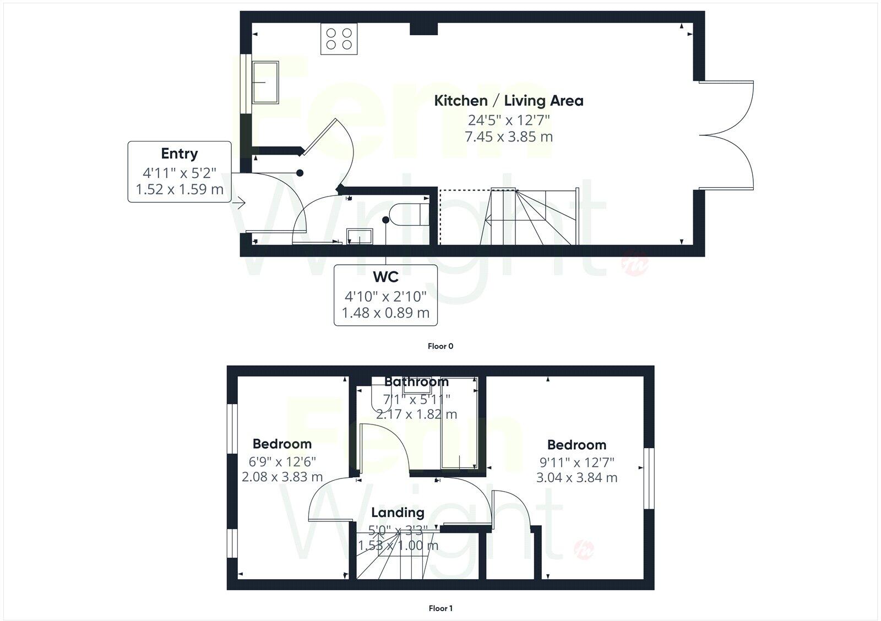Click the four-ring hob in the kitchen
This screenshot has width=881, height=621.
[339, 39]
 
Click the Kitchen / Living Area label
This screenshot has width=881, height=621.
[508, 101]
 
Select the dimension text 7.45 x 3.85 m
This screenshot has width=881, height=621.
[508, 137]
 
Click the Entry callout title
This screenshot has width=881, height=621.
[180, 154]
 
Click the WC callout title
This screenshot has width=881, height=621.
[385, 277]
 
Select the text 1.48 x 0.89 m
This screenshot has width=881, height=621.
[385, 313]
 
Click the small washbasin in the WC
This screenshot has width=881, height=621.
[360, 237]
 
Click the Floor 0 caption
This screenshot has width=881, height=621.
[440, 346]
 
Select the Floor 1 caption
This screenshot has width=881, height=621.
[440, 608]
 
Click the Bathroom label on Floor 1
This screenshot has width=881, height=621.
[416, 382]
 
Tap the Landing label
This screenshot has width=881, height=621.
[398, 513]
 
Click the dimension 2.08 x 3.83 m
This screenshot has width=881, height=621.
[282, 477]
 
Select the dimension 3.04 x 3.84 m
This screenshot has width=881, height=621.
[577, 477]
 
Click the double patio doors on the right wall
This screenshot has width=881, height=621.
[727, 135]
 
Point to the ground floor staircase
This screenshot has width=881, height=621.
[529, 217]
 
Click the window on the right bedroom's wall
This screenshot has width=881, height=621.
[649, 478]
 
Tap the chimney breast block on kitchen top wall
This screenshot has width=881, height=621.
[423, 29]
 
